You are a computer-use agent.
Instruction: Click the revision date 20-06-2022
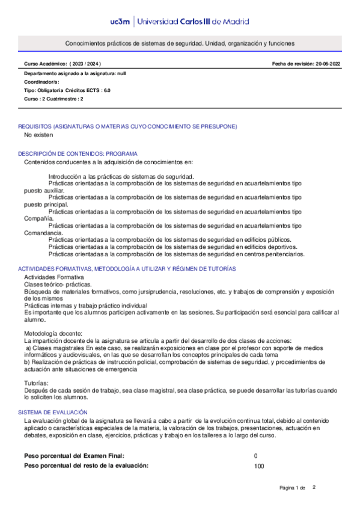326,63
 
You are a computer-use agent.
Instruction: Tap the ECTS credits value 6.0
106,90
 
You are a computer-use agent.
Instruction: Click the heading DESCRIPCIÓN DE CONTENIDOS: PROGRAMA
78,153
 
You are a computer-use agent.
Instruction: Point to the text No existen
38,135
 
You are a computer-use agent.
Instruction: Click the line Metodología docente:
53,333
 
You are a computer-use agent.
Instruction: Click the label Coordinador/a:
41,81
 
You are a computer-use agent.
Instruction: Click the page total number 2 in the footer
314,487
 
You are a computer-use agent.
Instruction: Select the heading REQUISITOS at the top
36,126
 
